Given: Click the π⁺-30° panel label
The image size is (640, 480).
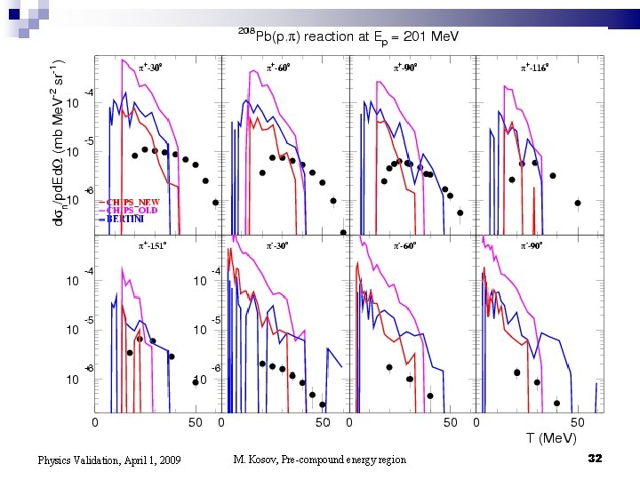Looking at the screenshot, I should [149, 67].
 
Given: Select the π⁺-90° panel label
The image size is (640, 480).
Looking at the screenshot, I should [406, 67].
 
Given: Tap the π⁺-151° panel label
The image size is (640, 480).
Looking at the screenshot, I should [151, 244].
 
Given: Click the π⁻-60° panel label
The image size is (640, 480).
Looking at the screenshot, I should [406, 244].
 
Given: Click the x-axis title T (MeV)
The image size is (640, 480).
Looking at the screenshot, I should [550, 438].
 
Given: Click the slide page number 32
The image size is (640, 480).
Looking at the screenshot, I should [596, 458].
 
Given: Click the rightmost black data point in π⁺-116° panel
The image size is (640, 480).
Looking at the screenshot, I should [578, 203].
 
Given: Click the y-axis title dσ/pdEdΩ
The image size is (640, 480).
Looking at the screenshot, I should [58, 142].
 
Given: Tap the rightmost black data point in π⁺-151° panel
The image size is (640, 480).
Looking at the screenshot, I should [171, 356].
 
